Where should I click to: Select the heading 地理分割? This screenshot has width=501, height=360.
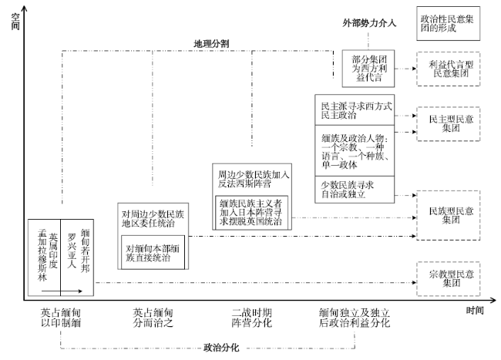pyautogui.click(x=210, y=43)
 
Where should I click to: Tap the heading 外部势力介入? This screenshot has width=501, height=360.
pyautogui.click(x=368, y=23)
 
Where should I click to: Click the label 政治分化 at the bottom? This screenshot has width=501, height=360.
pyautogui.click(x=221, y=348)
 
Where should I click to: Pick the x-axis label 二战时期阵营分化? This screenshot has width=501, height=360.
pyautogui.click(x=250, y=319)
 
